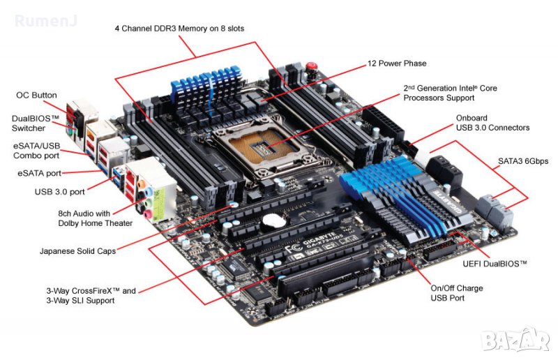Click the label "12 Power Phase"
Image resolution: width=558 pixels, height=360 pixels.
(397, 63)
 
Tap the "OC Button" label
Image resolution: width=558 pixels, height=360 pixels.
(36, 95)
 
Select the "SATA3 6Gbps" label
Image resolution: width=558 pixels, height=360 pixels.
(523, 161)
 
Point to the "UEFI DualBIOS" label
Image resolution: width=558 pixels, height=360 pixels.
(495, 264)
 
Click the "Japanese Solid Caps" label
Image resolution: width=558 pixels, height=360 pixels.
(77, 251)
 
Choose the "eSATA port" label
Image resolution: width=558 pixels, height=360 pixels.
(40, 174)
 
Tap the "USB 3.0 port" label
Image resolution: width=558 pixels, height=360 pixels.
(60, 192)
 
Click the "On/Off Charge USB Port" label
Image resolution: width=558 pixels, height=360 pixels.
(457, 293)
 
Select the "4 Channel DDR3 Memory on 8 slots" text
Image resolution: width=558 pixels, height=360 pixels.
(179, 29)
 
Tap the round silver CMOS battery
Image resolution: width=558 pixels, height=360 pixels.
(273, 221)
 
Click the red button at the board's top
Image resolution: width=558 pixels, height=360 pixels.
(311, 66)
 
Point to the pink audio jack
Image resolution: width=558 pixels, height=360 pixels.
(147, 214)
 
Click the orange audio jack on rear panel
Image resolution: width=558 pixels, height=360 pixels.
(142, 185)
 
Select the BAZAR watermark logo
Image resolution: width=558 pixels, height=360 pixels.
(515, 339)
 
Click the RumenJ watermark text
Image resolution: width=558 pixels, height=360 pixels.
(46, 21)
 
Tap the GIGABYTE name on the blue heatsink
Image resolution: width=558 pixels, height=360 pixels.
(450, 201)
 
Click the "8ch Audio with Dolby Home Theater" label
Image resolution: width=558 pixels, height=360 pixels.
(95, 218)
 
